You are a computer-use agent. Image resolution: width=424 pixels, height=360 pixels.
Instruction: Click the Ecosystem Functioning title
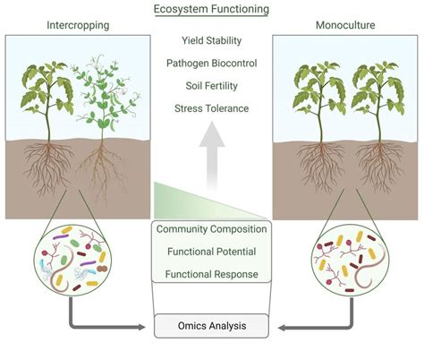(x=211, y=10)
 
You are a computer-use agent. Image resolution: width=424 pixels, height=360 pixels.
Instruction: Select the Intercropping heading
(x=77, y=26)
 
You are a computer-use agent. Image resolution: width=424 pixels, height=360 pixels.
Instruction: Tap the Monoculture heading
(x=344, y=26)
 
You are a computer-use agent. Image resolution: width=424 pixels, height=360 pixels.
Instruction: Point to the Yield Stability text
(x=211, y=40)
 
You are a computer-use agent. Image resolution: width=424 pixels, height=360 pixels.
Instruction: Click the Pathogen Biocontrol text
(x=211, y=63)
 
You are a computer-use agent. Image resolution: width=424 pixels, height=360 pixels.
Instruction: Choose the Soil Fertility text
(x=211, y=86)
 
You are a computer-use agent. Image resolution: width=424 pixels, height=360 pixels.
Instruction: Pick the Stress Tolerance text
(x=211, y=108)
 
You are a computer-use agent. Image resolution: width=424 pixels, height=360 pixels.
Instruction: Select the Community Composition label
(x=211, y=230)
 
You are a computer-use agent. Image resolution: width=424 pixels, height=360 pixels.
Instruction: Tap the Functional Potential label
(x=211, y=252)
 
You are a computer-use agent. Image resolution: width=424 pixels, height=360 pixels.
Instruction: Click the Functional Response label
(x=211, y=273)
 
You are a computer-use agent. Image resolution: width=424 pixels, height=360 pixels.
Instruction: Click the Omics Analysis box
(x=211, y=325)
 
